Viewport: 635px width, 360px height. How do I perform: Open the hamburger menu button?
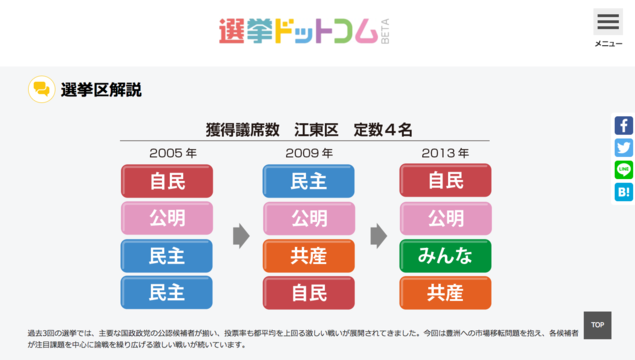point(607,23)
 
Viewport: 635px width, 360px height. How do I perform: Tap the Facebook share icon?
point(623,126)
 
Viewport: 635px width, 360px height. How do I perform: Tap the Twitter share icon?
point(623,148)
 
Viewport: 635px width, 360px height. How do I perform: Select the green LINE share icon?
point(623,170)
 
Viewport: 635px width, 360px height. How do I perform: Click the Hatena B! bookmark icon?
point(623,192)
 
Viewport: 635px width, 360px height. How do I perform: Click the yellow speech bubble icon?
point(41,89)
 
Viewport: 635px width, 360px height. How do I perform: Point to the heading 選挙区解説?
point(101,90)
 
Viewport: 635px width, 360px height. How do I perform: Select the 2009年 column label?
point(309,153)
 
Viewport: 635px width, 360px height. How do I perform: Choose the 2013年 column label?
point(445,153)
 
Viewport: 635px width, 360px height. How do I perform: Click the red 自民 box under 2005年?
point(167,181)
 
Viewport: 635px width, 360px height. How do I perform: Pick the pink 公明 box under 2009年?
point(309,218)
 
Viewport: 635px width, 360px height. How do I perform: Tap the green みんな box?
point(445,256)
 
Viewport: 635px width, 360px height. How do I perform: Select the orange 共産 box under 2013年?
point(445,293)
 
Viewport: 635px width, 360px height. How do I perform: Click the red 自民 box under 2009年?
point(309,293)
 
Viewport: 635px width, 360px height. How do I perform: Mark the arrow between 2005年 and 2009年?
point(241,236)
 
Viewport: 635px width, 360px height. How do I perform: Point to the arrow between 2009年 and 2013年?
point(378,236)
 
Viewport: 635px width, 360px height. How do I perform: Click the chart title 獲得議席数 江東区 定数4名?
point(309,130)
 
